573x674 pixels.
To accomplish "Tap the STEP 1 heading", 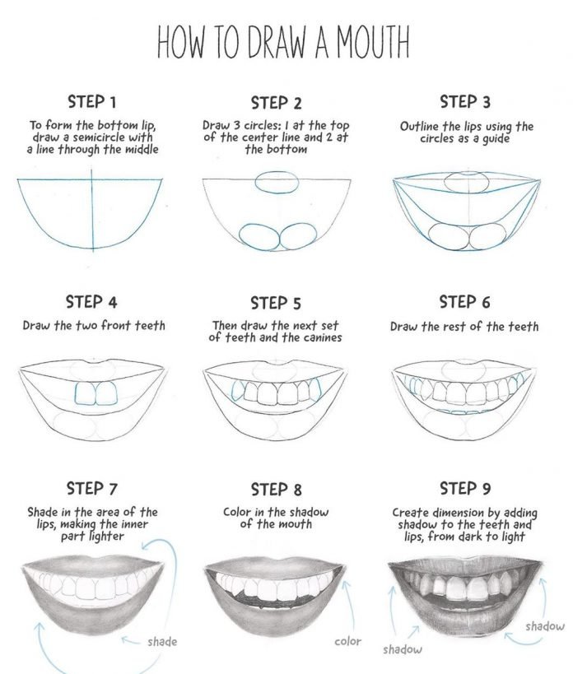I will pos(91,102).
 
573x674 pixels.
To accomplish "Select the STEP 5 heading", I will pos(276,303).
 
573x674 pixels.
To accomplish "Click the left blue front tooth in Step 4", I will pos(86,394).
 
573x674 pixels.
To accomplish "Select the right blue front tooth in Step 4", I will pos(106,394).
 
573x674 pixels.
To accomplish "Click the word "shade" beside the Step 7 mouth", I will pos(162,641).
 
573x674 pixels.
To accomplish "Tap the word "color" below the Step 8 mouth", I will pos(347,640).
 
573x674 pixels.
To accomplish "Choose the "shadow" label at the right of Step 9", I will pos(545,626).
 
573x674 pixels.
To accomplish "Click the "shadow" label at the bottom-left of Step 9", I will pos(402,649).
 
